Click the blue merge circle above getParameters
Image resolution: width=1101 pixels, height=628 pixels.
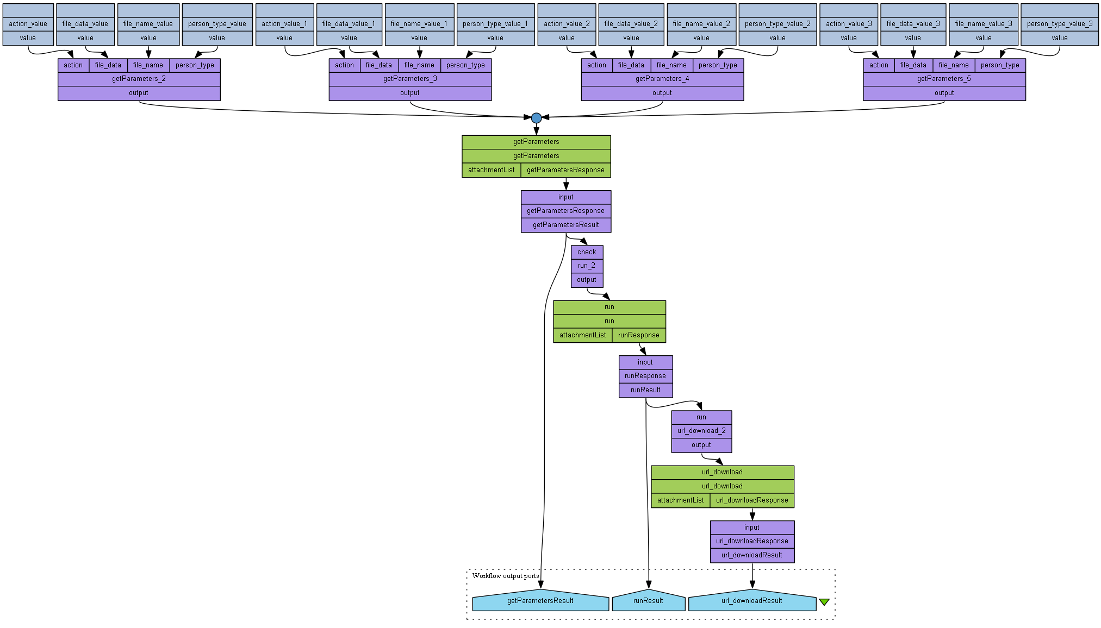(536, 118)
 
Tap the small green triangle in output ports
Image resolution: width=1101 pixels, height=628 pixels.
(824, 602)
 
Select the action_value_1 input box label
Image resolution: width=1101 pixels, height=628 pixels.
(284, 24)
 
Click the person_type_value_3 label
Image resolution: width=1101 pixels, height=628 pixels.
(1060, 24)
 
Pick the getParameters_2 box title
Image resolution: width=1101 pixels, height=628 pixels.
(139, 79)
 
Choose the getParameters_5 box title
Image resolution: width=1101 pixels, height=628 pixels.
(944, 79)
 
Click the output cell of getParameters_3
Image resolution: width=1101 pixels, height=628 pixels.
(410, 93)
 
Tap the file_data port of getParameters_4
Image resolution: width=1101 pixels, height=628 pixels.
(631, 65)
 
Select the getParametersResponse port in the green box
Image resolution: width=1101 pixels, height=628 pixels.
(565, 170)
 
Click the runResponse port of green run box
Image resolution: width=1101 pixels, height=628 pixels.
(638, 335)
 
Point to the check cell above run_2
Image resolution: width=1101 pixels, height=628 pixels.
(587, 252)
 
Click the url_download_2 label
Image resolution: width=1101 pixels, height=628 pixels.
(701, 431)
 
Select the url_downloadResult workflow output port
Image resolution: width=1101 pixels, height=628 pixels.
(751, 601)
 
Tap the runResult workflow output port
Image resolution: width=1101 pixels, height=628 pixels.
(648, 601)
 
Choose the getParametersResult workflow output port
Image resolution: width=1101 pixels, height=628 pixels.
(540, 601)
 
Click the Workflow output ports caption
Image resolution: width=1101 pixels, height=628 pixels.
(506, 576)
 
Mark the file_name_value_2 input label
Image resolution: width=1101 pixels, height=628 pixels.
(701, 24)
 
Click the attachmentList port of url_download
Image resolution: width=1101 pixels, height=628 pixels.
(680, 500)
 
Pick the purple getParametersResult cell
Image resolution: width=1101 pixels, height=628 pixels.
(565, 225)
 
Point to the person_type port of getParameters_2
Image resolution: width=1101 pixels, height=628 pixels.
(195, 65)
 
